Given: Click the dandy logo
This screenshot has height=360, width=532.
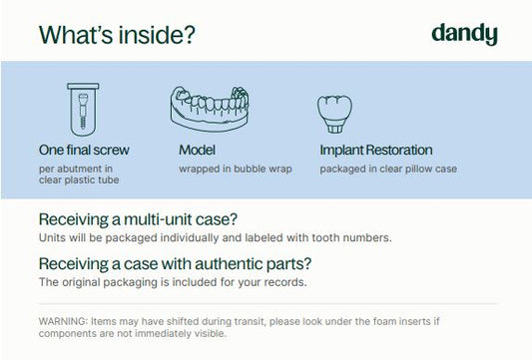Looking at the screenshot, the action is pyautogui.click(x=464, y=34).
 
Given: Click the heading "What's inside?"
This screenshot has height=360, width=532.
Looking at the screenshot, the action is pyautogui.click(x=117, y=35).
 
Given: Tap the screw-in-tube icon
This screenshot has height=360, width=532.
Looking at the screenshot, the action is pyautogui.click(x=83, y=110).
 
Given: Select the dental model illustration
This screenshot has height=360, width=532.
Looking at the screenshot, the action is pyautogui.click(x=210, y=109).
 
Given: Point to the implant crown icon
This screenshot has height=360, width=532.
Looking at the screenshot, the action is pyautogui.click(x=334, y=115).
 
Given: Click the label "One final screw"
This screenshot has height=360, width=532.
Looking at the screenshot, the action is pyautogui.click(x=84, y=150).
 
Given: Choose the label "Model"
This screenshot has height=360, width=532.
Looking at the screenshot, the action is pyautogui.click(x=197, y=150).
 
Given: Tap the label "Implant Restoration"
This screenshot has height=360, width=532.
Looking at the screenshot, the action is pyautogui.click(x=376, y=151).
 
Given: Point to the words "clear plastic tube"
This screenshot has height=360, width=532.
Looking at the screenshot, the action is pyautogui.click(x=79, y=180).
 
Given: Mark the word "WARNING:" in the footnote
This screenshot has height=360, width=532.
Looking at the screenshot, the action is pyautogui.click(x=64, y=321).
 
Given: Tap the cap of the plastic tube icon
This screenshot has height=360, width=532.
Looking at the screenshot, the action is pyautogui.click(x=83, y=86).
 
